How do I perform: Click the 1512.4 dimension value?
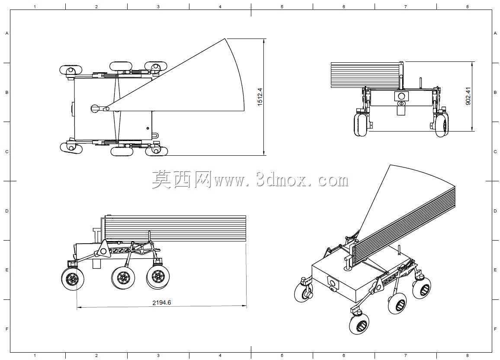(x=260, y=96)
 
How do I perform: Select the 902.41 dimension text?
(x=468, y=96)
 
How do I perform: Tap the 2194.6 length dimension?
(x=162, y=302)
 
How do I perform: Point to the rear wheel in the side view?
(x=73, y=279)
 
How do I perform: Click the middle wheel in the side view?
(x=123, y=277)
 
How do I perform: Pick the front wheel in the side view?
(x=158, y=276)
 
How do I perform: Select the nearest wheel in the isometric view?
(x=359, y=323)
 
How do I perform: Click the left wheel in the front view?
(x=361, y=125)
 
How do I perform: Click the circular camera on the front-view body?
(x=401, y=96)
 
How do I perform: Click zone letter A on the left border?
(x=6, y=33)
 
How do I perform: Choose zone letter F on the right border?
(x=495, y=329)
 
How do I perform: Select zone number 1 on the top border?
(x=35, y=6)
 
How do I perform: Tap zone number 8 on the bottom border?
(x=468, y=356)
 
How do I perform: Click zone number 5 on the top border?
(x=282, y=6)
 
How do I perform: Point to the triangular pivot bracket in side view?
(x=103, y=249)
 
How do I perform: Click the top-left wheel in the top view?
(x=71, y=70)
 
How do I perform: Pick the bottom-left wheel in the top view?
(x=71, y=148)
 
